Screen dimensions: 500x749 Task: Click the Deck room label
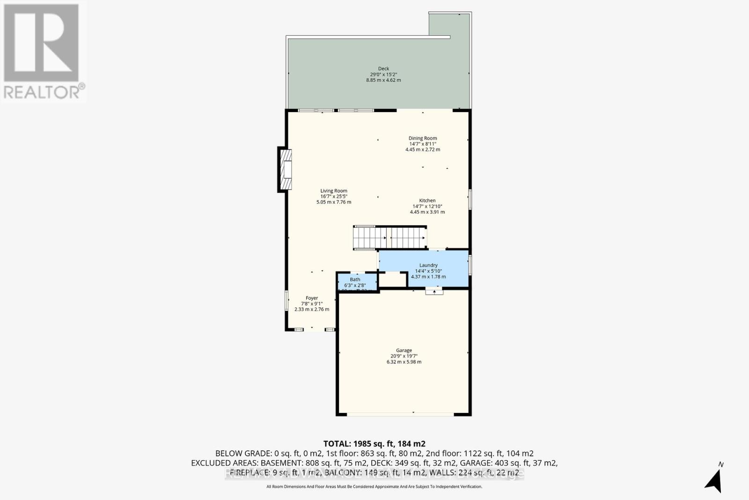point(383,69)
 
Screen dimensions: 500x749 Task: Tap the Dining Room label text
point(423,138)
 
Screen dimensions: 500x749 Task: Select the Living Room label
point(334,191)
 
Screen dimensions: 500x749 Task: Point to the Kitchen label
point(427,201)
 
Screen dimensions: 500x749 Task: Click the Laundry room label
point(428,265)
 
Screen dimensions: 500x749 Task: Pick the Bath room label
point(355,280)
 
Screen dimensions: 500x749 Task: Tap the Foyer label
point(312,298)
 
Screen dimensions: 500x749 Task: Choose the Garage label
point(404,351)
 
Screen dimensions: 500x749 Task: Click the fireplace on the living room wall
point(285,170)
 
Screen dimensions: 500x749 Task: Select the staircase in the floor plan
point(389,238)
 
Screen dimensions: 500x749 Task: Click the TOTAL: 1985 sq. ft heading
point(374,443)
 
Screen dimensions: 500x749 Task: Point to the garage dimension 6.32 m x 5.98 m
point(404,362)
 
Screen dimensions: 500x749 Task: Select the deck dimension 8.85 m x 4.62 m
point(383,80)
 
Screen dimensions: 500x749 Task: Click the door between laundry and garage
point(434,291)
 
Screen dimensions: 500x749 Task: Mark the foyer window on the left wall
point(286,300)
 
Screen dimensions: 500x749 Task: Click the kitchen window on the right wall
point(470,199)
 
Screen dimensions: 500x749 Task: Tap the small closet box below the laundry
point(393,279)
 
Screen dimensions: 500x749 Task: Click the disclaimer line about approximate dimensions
point(374,487)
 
